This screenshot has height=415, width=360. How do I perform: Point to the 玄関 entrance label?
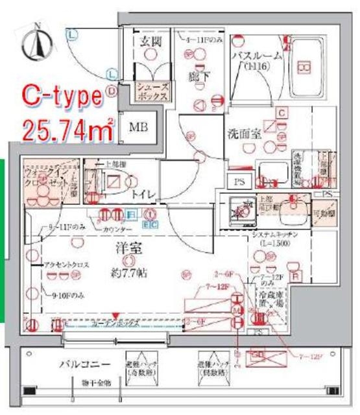click(x=150, y=42)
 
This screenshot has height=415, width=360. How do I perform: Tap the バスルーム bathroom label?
click(x=257, y=56)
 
